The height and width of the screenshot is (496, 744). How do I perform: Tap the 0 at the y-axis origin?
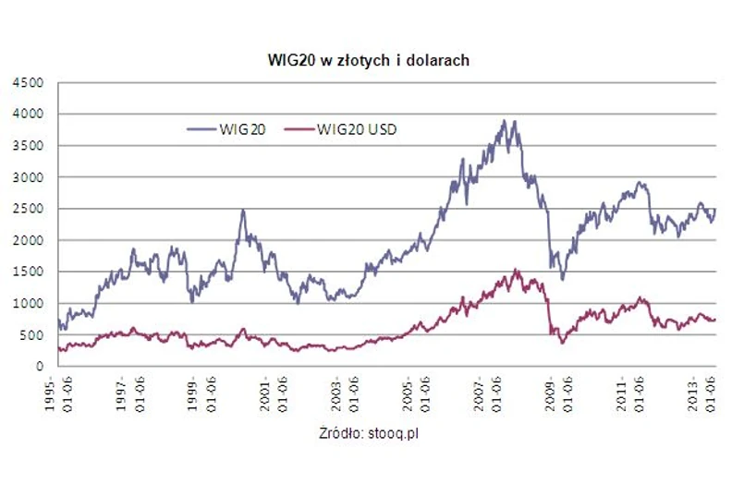pos(41,366)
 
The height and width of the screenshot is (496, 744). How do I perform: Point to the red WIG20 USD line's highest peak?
pos(517,270)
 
